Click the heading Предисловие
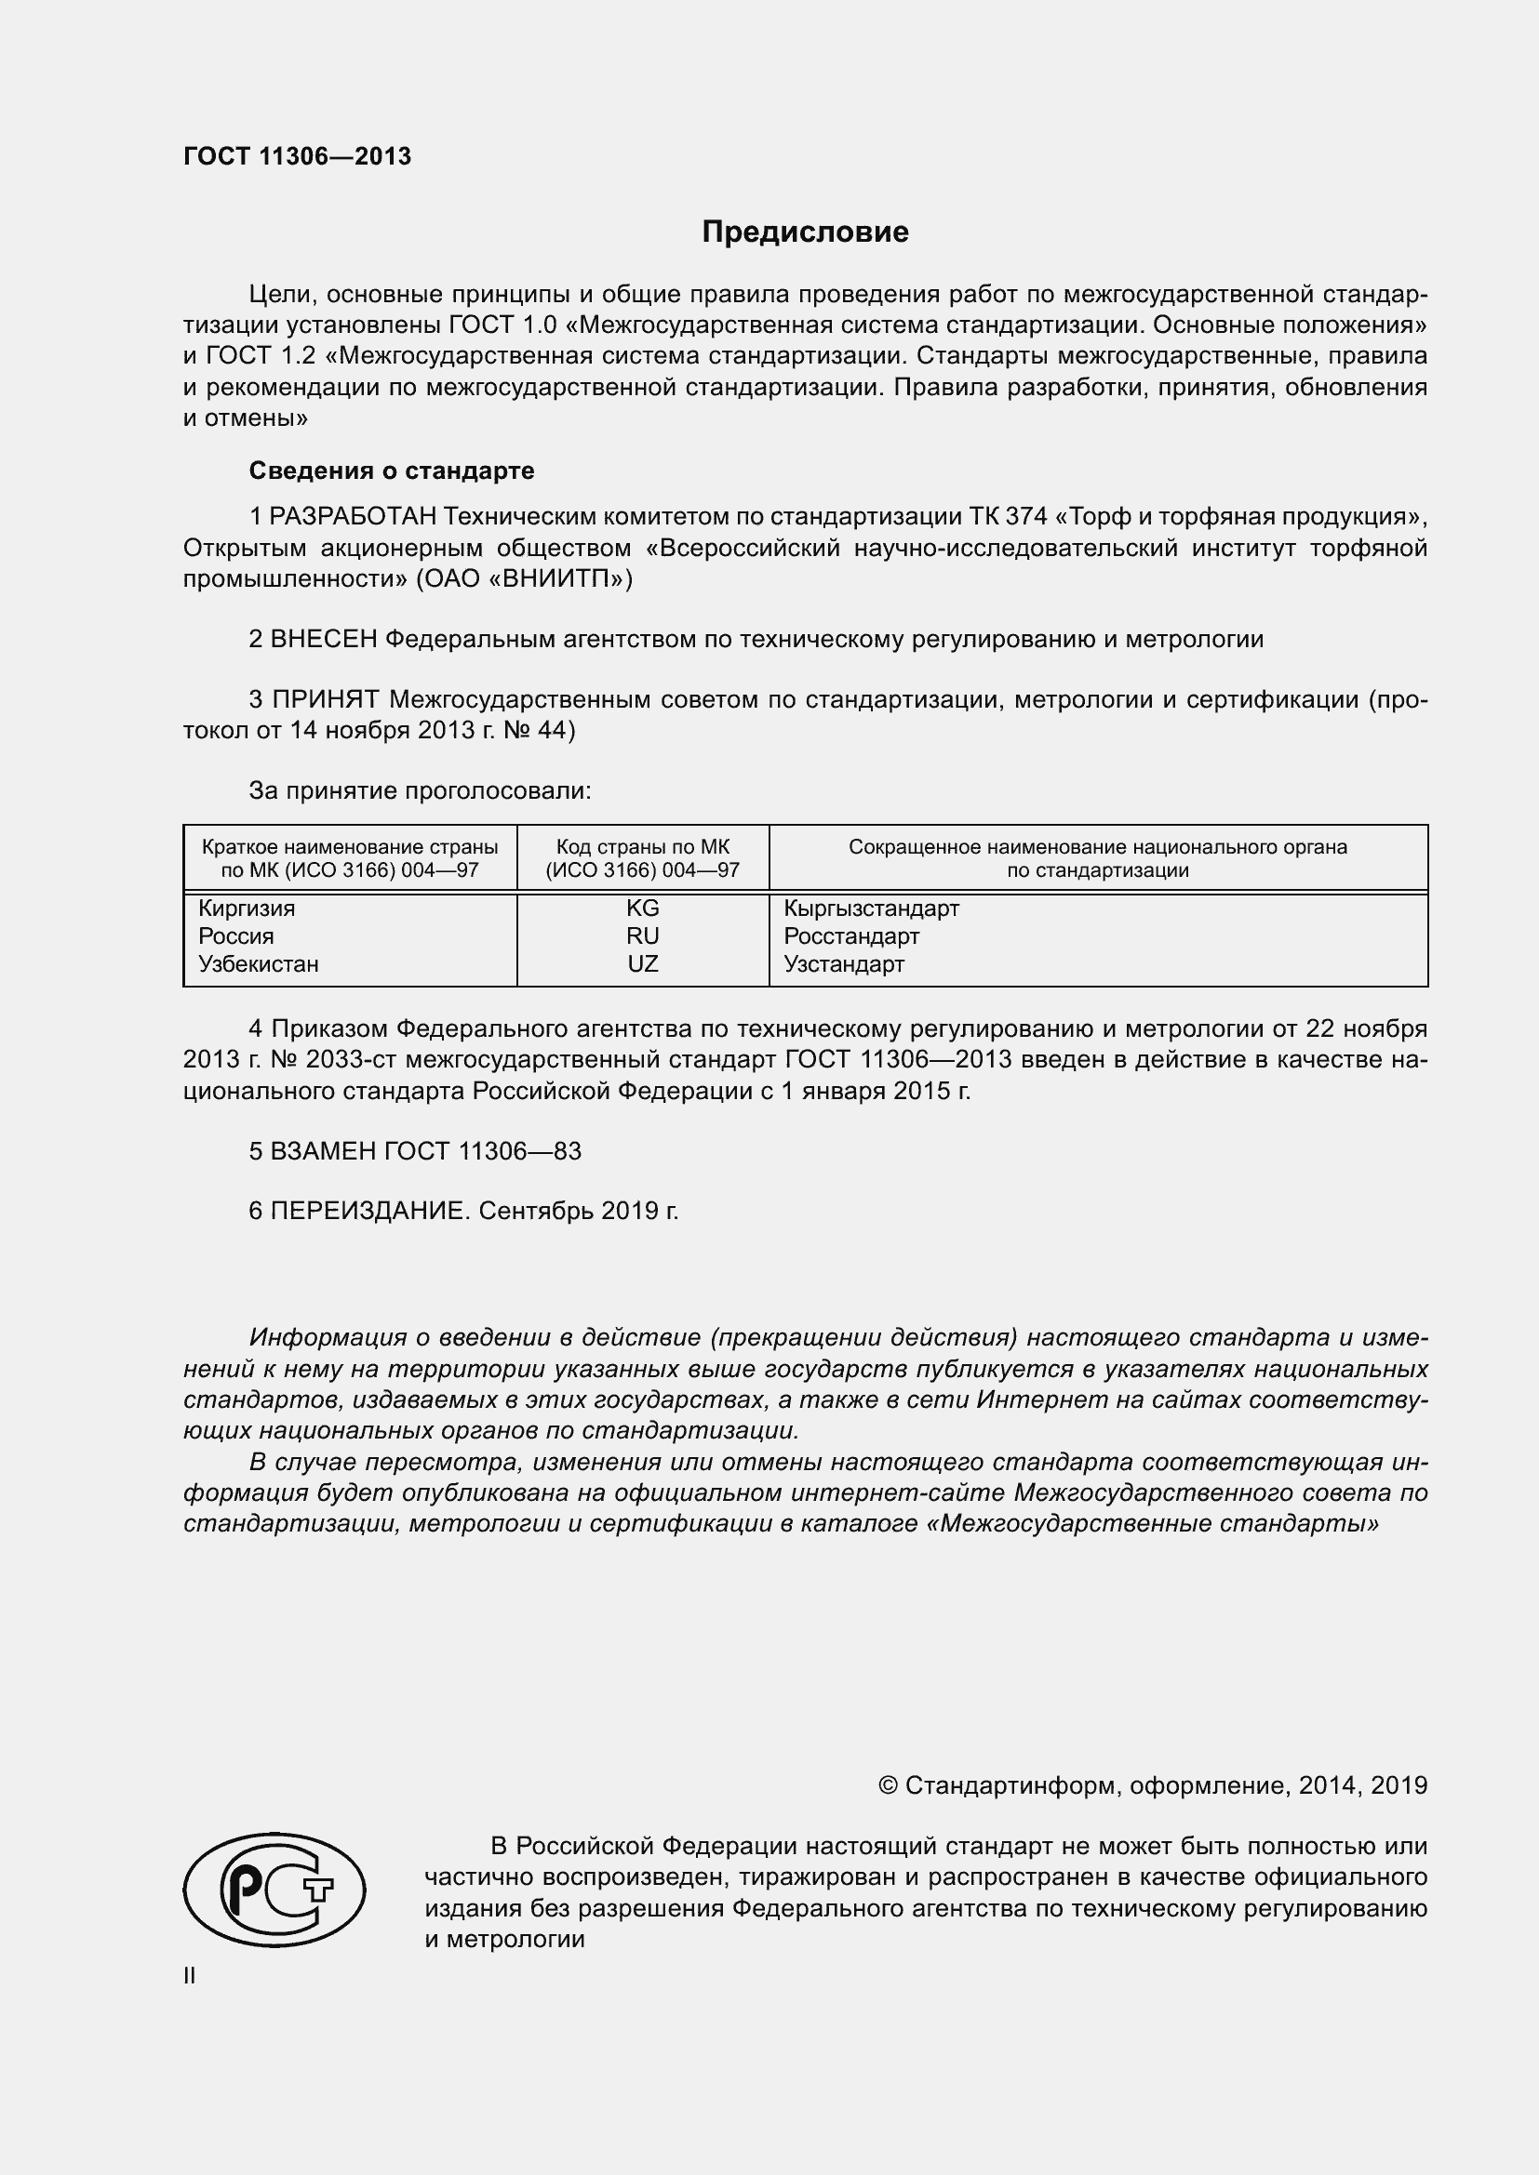coord(805,232)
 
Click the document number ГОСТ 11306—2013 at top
coord(298,157)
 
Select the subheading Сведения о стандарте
coord(392,471)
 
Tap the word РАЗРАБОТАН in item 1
coord(354,517)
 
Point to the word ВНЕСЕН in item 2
coord(324,640)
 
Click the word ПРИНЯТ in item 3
coord(325,700)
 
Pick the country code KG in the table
coord(643,908)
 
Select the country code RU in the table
coord(643,936)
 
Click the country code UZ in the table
coord(643,964)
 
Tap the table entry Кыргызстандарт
coord(871,908)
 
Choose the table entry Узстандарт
coord(843,964)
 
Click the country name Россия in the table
coord(236,936)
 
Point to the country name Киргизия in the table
coord(247,908)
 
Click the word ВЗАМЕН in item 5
coord(324,1151)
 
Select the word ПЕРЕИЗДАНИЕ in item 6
coord(369,1212)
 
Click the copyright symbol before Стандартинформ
coord(888,1785)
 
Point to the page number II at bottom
coord(190,1976)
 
